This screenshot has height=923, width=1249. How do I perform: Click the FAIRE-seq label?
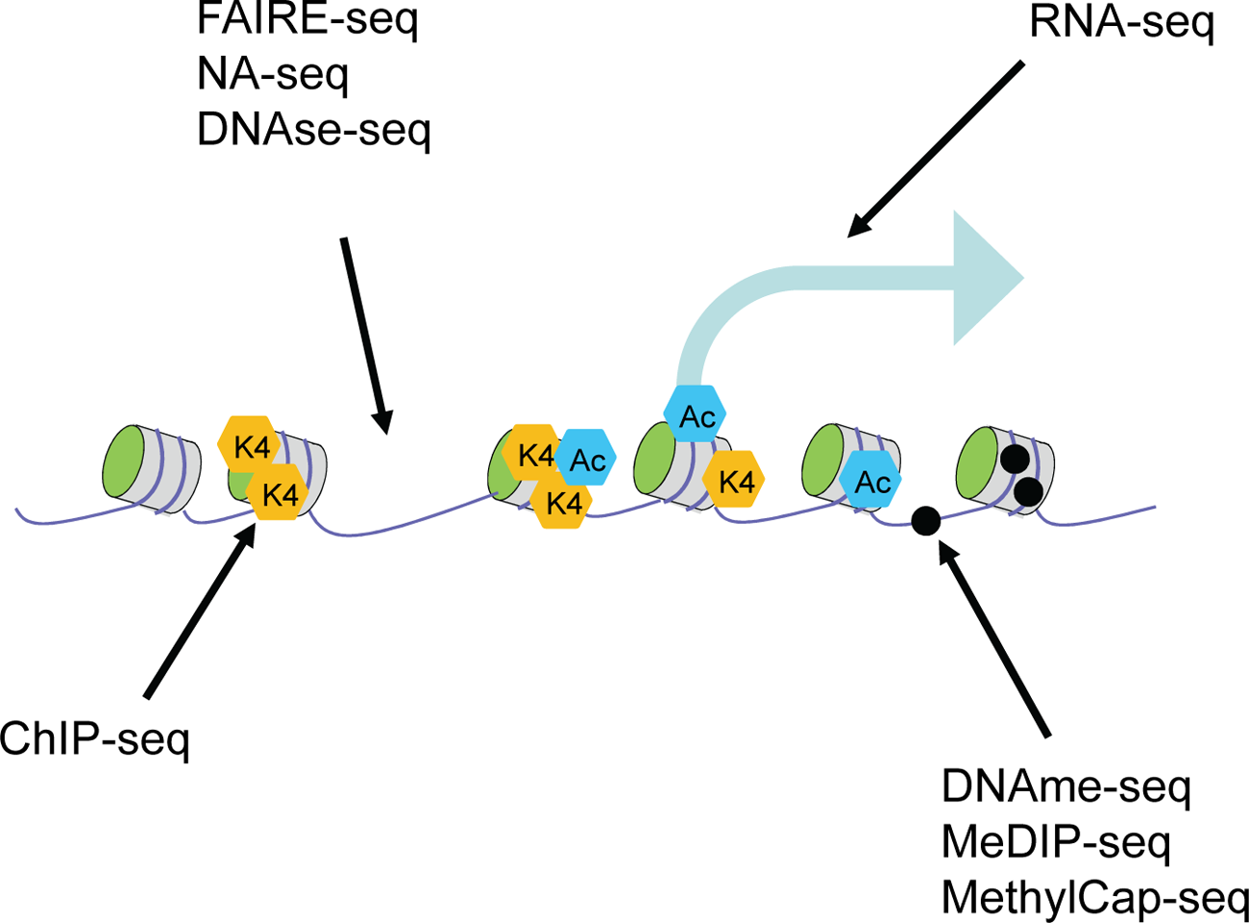pos(307,19)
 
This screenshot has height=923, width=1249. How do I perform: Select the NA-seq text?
pos(272,74)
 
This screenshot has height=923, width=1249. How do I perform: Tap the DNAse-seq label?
pos(313,129)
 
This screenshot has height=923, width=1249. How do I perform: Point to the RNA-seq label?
pos(1121,22)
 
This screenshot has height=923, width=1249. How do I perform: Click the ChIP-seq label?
pos(95,739)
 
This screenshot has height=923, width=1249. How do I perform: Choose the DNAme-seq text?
pos(1065,786)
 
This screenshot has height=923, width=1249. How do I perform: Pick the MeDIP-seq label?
pos(1056,841)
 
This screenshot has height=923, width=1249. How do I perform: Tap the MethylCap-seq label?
pos(1094,896)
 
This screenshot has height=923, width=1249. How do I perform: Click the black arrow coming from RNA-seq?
pos(937,149)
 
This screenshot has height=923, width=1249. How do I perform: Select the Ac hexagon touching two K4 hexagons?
pos(586,459)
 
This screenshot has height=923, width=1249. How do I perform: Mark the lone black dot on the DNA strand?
pos(925,520)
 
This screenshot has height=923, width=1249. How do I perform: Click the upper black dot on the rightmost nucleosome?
pos(1014,459)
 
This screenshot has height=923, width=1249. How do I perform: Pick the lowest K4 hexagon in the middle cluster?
pos(562,503)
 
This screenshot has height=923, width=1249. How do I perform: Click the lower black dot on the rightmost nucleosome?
pos(1028,492)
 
